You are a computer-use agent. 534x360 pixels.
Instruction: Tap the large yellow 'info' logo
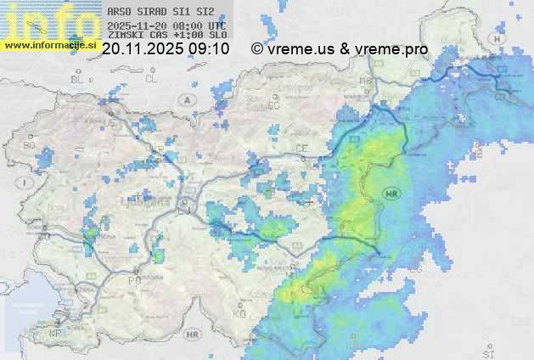click(49, 20)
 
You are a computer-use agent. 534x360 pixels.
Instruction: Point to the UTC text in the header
click(216, 25)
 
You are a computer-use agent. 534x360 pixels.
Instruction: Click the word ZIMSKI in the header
click(125, 36)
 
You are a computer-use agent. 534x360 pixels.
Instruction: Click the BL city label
click(78, 79)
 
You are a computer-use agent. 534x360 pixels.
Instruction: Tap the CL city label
click(151, 79)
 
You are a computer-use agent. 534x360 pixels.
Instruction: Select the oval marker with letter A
click(185, 99)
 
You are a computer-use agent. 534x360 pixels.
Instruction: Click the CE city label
click(301, 149)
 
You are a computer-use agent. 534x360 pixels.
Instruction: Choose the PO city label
click(133, 280)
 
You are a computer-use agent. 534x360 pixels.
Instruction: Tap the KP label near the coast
click(56, 334)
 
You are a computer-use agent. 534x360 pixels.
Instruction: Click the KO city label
click(239, 313)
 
